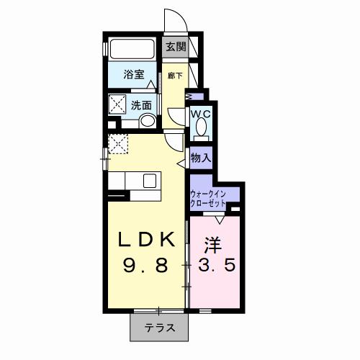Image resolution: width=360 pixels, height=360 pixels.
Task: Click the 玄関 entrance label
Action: coord(176,48)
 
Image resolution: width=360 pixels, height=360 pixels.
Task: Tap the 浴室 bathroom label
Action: coord(133,74)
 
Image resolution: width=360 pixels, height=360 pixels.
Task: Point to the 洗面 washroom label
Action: coord(141,105)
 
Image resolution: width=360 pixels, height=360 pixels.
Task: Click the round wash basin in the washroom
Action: coord(148,121)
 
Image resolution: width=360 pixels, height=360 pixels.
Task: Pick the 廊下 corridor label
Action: coord(174,74)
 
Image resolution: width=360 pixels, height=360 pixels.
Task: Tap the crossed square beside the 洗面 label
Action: coord(117,104)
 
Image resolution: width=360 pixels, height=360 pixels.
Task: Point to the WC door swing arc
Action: coord(176,115)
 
